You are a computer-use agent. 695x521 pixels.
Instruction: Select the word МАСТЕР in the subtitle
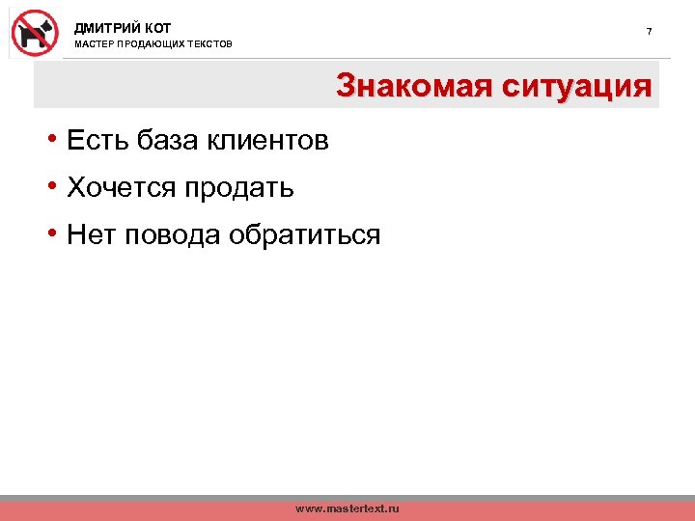(94, 45)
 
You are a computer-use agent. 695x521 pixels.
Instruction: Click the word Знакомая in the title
(411, 87)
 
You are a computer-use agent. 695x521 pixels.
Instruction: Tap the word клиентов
(269, 141)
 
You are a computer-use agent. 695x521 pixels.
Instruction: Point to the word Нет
(92, 233)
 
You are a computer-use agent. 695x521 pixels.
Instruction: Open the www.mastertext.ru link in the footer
(347, 508)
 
